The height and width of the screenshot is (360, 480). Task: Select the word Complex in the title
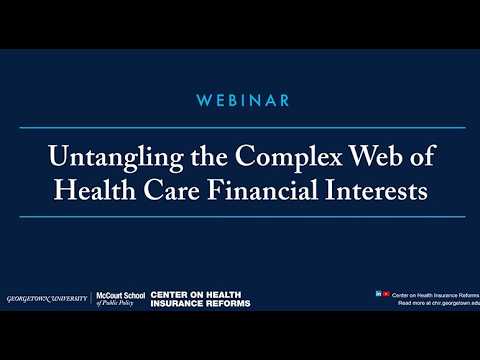(270, 159)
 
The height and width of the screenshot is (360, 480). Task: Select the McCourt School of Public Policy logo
(119, 299)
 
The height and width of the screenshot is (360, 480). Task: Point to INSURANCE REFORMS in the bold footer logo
(200, 303)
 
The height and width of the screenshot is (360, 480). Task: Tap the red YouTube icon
(386, 293)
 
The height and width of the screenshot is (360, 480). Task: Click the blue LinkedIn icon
(378, 293)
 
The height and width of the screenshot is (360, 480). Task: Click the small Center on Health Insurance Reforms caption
(432, 294)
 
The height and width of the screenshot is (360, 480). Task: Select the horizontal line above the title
(240, 128)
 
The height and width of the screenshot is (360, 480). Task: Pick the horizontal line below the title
(240, 217)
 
